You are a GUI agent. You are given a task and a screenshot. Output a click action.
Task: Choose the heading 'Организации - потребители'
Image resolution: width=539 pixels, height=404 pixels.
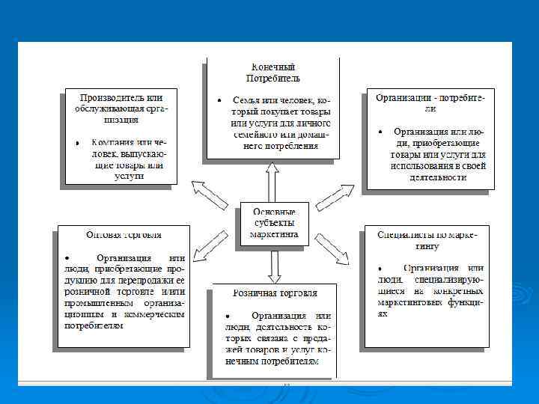pos(424,102)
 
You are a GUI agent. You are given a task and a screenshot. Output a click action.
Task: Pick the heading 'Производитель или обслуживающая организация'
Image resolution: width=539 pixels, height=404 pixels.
pos(122,108)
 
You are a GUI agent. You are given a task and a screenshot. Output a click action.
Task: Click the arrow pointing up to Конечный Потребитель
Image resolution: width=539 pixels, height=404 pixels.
pos(273,180)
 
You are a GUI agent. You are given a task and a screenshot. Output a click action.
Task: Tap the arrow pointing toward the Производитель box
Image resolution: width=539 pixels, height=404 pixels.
pos(210,194)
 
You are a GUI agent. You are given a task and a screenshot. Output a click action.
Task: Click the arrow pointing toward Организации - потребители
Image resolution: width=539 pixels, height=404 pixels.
pos(335,195)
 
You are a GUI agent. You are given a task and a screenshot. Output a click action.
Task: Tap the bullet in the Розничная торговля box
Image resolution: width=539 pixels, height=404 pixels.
pos(228,316)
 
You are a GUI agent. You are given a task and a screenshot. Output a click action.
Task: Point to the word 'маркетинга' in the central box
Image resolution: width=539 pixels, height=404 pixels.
pos(274,234)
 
